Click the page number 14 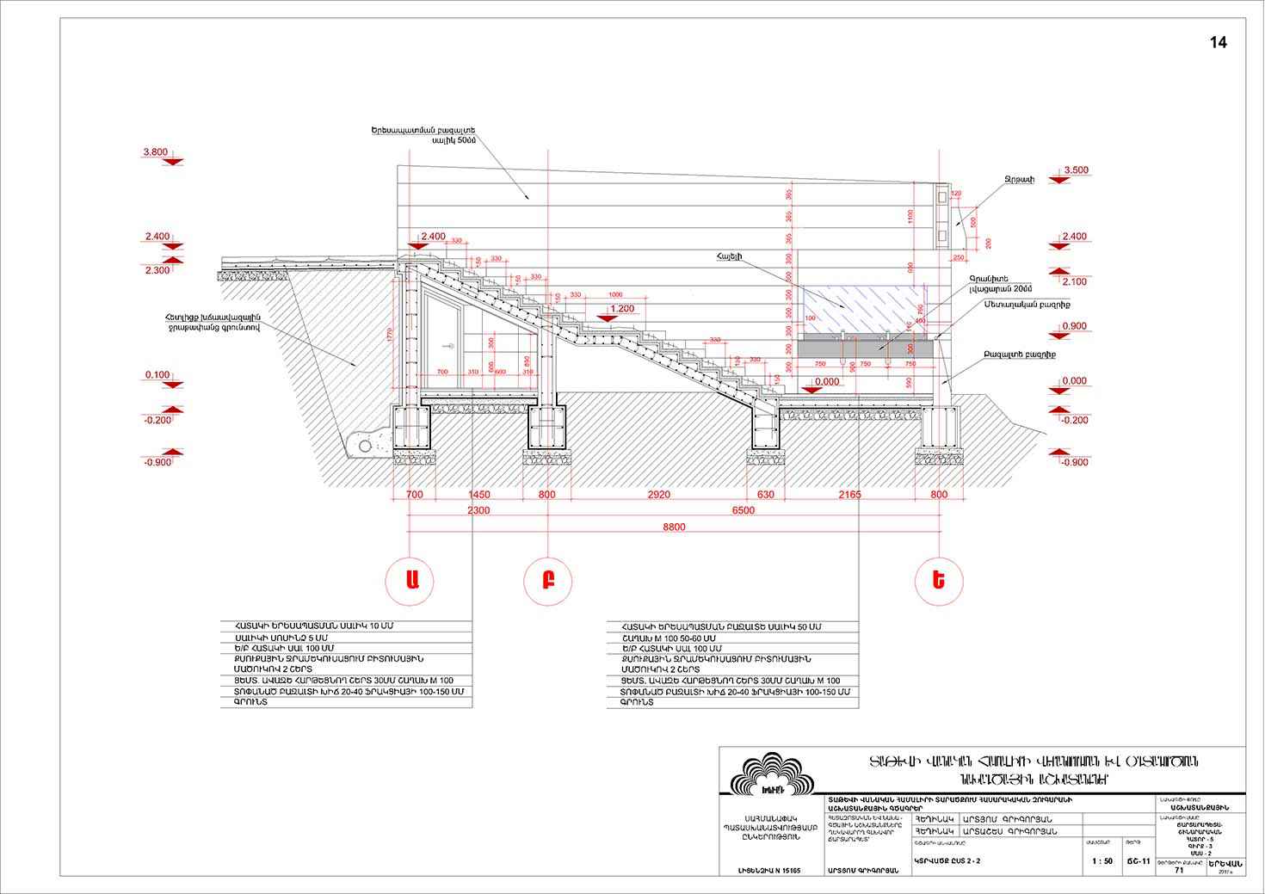(x=1219, y=43)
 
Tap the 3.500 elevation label (x=1077, y=170)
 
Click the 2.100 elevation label (x=1075, y=281)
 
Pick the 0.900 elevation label (x=1075, y=326)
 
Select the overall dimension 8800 (x=675, y=527)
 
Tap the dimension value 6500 (x=744, y=510)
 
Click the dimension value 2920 (x=658, y=495)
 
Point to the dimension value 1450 (x=479, y=495)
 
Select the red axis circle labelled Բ (x=547, y=579)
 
